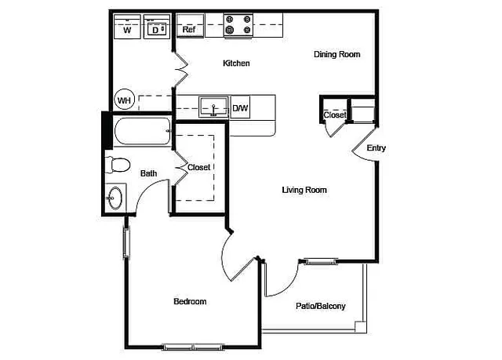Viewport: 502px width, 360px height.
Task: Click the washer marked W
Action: click(x=127, y=27)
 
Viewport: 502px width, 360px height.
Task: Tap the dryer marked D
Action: click(x=157, y=27)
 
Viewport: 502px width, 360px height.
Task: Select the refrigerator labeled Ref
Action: click(x=190, y=26)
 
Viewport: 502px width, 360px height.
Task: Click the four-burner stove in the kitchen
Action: click(x=238, y=25)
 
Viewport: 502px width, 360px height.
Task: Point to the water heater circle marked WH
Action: click(x=124, y=100)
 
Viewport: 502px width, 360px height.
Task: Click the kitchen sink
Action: click(x=214, y=107)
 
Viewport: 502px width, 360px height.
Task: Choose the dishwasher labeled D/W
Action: click(x=240, y=107)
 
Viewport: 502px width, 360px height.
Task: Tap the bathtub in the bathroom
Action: click(x=142, y=131)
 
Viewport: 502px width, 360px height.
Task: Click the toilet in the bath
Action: click(x=118, y=165)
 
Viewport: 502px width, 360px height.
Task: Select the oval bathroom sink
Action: click(x=115, y=198)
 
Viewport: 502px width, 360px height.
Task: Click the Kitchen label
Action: click(x=236, y=64)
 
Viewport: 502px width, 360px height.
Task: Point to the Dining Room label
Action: click(x=336, y=54)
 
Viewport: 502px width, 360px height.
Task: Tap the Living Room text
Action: click(x=304, y=190)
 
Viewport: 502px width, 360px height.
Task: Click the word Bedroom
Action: click(x=190, y=301)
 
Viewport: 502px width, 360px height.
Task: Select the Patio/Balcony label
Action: click(x=321, y=306)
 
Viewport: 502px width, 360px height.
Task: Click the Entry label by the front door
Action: click(x=376, y=148)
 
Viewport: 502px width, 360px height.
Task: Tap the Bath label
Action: click(x=148, y=173)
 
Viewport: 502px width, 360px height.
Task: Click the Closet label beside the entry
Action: click(x=335, y=115)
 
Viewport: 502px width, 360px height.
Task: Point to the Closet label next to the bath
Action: click(x=198, y=167)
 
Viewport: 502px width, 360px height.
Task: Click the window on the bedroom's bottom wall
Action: click(x=193, y=347)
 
